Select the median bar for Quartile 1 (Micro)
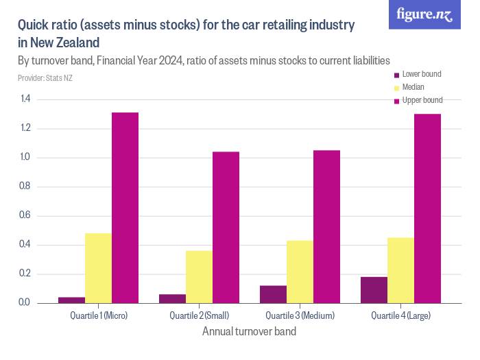tap(98, 268)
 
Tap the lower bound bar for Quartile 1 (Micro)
tap(71, 300)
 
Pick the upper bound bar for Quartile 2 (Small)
tap(226, 227)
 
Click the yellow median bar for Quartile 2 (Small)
tap(199, 276)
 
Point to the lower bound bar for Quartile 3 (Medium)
tap(273, 294)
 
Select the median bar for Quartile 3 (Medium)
tap(300, 272)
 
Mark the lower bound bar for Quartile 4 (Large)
tap(374, 290)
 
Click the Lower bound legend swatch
tap(396, 74)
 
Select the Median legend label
tap(413, 87)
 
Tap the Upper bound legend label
tap(422, 100)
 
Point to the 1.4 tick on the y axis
tap(25, 99)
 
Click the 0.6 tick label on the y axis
tap(25, 216)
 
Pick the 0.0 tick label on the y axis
tap(25, 303)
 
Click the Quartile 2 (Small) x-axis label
tap(199, 315)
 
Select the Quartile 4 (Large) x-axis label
tap(400, 315)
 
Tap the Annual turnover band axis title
tap(250, 332)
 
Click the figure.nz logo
tap(424, 14)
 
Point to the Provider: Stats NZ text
tap(45, 78)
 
